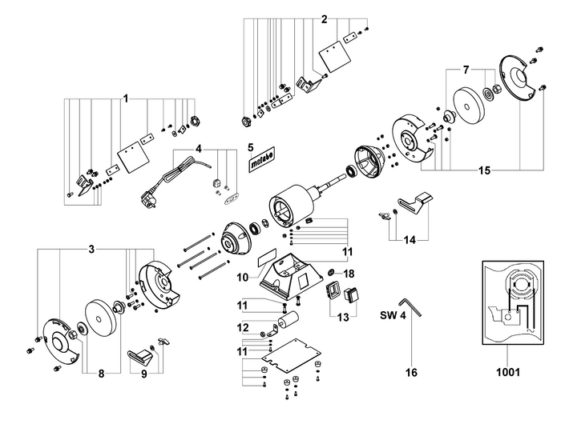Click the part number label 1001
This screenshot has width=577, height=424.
tap(508, 372)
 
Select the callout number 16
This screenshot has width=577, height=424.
tap(411, 372)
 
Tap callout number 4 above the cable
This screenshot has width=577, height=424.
tap(199, 149)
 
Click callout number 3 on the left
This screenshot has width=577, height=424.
tap(91, 250)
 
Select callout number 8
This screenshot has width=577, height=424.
tap(100, 374)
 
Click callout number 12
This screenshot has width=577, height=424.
tap(243, 326)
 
